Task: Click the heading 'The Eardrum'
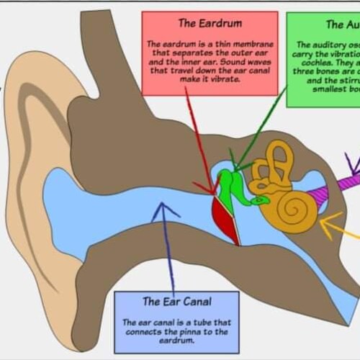pos(210,23)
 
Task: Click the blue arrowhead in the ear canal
pos(166,210)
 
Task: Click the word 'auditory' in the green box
pos(321,45)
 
